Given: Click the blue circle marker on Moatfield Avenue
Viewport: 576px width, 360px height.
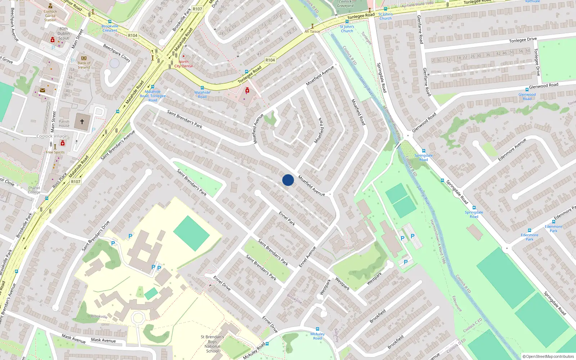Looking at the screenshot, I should coord(288,180).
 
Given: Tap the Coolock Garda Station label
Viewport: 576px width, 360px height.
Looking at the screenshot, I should coord(50,15).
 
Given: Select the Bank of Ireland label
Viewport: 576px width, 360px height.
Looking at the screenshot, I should coord(84,65).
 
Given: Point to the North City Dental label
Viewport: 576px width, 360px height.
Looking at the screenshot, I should coord(184,64).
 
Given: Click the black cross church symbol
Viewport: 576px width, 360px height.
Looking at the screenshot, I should coord(82,122).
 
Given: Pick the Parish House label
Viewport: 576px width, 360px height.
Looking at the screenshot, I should coord(64,123).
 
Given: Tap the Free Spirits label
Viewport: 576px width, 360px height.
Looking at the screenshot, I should coord(55,152).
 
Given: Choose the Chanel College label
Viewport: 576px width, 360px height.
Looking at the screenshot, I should coord(34,190).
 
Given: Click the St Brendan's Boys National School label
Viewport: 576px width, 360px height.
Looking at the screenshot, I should coord(212,344).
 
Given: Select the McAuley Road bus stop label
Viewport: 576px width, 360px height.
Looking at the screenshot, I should coord(318,336).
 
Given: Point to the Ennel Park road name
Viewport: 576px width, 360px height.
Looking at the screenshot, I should coord(287,218).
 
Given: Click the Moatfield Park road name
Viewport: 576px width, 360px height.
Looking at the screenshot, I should coord(319,130).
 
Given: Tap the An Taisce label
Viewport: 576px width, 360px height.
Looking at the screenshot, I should coord(312,31).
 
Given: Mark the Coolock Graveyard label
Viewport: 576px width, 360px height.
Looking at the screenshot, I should coord(345,4).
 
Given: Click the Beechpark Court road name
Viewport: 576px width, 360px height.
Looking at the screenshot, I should coord(117,53).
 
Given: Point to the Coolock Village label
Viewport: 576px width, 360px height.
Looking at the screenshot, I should coord(52,136).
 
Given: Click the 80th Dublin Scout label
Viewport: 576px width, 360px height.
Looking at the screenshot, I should coord(64,33).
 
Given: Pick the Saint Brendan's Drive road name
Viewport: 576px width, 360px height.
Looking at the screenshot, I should coord(95,236).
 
